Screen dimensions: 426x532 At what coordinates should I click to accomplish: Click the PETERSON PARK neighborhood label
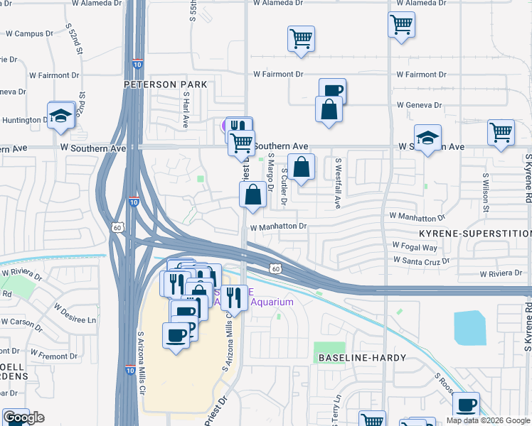(165, 84)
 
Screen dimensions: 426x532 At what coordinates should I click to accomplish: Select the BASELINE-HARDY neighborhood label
(352, 358)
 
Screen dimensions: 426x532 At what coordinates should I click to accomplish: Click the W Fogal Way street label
(415, 247)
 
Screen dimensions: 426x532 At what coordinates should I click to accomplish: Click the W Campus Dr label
(30, 33)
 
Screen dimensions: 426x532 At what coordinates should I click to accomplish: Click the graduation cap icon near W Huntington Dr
(61, 116)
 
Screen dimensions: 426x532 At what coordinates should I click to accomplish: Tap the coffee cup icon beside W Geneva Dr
(332, 91)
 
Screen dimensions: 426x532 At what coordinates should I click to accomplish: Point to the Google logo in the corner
(23, 417)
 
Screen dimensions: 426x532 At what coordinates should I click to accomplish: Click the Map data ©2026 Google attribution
(488, 420)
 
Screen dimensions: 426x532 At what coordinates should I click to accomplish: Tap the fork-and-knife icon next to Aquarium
(235, 297)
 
